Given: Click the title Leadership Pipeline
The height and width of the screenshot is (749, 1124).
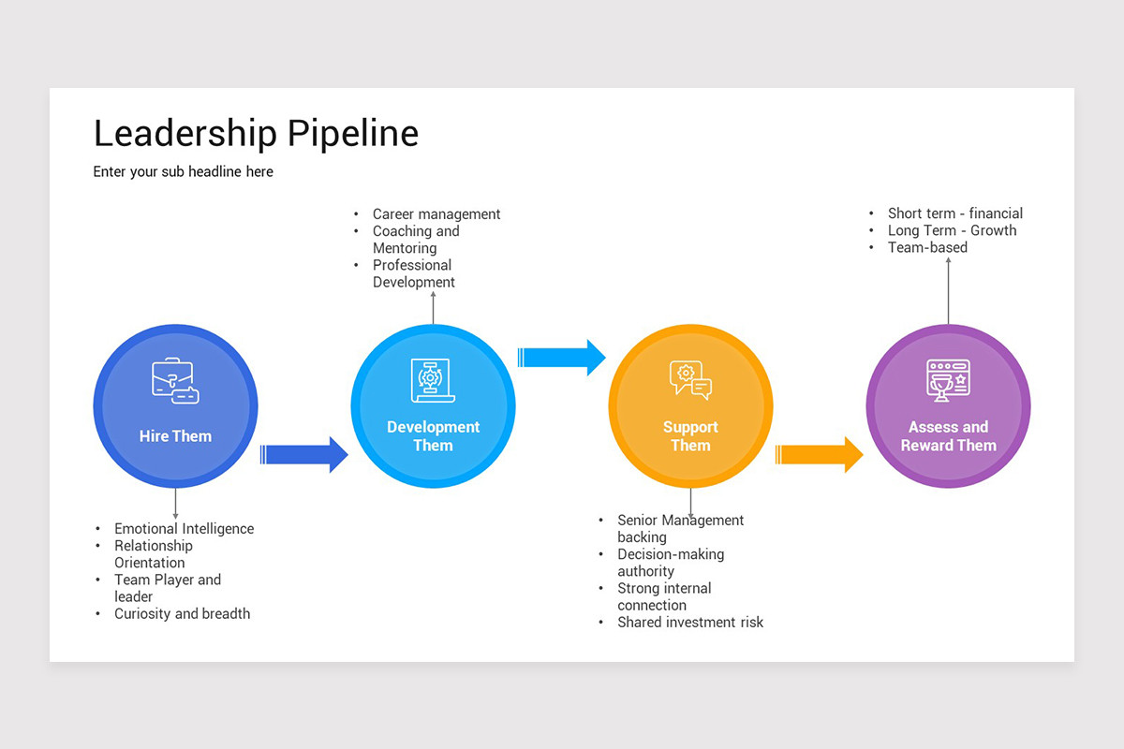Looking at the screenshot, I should [256, 134].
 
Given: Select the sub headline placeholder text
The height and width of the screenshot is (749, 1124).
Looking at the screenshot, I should [183, 172].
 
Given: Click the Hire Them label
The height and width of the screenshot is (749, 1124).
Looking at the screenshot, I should [175, 436].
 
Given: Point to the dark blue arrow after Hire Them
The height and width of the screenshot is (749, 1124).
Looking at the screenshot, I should [304, 455].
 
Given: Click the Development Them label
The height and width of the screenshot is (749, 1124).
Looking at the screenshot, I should [433, 436].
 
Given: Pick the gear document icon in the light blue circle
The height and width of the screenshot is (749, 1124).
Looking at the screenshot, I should [433, 380].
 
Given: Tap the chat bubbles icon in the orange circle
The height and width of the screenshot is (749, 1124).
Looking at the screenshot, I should [690, 379].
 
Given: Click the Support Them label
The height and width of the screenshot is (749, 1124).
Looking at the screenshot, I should [690, 436].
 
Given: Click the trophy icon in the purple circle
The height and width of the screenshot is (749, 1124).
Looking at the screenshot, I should [948, 380].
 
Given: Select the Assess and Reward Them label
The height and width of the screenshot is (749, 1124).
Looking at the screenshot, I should [948, 436].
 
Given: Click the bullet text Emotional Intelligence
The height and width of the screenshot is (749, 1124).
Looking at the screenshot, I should [184, 529].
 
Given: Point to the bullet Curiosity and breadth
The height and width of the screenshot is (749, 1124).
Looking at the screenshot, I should [182, 614].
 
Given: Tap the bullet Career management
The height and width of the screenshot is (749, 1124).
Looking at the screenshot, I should [436, 214].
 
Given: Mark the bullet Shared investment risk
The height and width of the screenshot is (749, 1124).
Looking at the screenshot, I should [690, 623].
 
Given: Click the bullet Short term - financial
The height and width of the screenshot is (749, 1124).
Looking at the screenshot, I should [954, 213].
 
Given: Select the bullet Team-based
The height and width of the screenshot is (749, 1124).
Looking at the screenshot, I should [927, 248].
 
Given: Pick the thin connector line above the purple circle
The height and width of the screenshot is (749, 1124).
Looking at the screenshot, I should [948, 290].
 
